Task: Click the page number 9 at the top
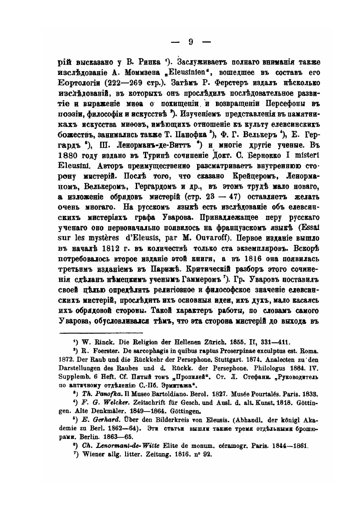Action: click(x=191, y=42)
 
